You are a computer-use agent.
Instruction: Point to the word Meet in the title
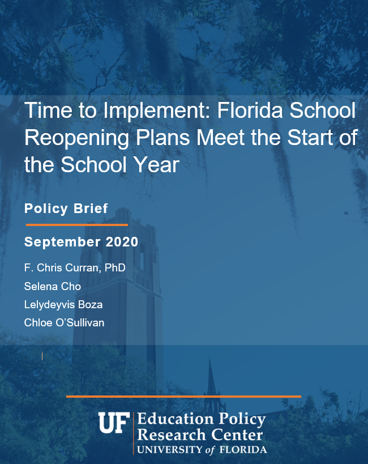pos(220,137)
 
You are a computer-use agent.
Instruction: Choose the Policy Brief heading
pos(66,208)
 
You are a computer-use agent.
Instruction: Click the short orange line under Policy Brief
pos(77,225)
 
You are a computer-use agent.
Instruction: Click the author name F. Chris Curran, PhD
pos(75,268)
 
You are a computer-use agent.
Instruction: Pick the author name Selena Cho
pos(52,287)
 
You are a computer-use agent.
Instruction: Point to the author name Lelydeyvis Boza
pos(63,305)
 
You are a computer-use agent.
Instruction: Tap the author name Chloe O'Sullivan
pos(64,322)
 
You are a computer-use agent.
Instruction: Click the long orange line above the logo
pos(183,397)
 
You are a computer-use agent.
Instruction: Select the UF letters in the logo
pos(114,423)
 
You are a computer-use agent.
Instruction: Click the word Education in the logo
pos(176,419)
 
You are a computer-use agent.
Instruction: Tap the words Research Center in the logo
pos(200,435)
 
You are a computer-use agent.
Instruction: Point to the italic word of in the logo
pos(209,450)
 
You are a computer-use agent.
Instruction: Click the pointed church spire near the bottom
pos(211,377)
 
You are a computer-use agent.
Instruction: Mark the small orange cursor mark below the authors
pos(42,356)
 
